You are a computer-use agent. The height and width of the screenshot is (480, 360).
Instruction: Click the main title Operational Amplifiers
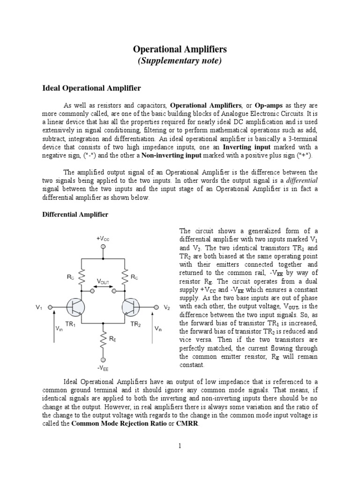pyautogui.click(x=180, y=49)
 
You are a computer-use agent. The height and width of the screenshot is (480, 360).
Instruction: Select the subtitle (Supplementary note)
pyautogui.click(x=180, y=61)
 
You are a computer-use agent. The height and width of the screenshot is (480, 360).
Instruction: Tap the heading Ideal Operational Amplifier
pyautogui.click(x=89, y=88)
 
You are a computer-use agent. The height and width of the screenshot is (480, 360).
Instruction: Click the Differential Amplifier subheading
pyautogui.click(x=75, y=214)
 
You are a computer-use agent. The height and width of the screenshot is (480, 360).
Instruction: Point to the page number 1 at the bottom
pyautogui.click(x=180, y=445)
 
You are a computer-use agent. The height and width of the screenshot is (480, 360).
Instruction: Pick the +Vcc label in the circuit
pyautogui.click(x=103, y=239)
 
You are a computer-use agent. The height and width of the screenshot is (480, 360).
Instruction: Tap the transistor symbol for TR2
pyautogui.click(x=130, y=307)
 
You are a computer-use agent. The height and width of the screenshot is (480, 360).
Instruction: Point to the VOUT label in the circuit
pyautogui.click(x=103, y=281)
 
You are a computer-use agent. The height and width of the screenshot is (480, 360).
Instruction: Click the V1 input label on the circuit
pyautogui.click(x=39, y=307)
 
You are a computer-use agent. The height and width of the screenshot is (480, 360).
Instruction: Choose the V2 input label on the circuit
pyautogui.click(x=167, y=307)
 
